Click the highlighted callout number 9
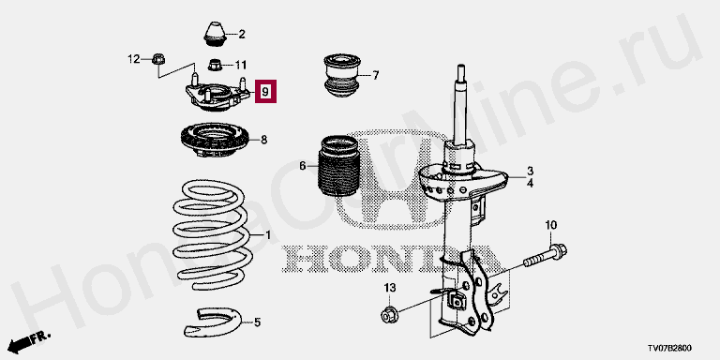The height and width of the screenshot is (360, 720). [266, 91]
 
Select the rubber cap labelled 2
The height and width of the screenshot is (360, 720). [215, 34]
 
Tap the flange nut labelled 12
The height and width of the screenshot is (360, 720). [158, 59]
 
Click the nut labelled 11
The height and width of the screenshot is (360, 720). [215, 65]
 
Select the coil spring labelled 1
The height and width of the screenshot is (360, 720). [213, 234]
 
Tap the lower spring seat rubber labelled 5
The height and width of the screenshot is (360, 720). [212, 322]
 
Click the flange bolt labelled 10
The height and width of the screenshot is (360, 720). [546, 257]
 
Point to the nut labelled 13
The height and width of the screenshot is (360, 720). [388, 315]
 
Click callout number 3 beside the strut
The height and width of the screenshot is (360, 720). [530, 172]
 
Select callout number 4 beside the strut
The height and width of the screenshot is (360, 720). [530, 183]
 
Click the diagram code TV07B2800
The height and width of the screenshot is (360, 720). [670, 348]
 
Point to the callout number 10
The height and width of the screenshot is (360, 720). [550, 225]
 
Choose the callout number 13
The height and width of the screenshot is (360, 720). [389, 288]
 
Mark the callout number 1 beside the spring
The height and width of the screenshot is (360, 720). [268, 235]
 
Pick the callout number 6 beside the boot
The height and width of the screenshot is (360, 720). [303, 166]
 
